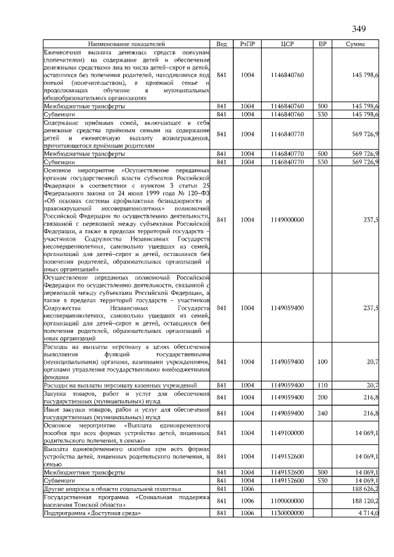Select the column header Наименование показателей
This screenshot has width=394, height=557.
point(127,44)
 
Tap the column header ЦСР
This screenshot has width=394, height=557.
point(287,44)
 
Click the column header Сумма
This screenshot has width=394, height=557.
point(355,44)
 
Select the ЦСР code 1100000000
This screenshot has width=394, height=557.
point(287,502)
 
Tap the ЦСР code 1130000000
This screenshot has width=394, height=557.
point(287,513)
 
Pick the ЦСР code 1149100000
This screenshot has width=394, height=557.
point(287,433)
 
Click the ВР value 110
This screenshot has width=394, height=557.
point(322,385)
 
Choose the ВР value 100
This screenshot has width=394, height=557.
point(322,362)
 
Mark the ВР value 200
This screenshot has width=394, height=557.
point(322,397)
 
